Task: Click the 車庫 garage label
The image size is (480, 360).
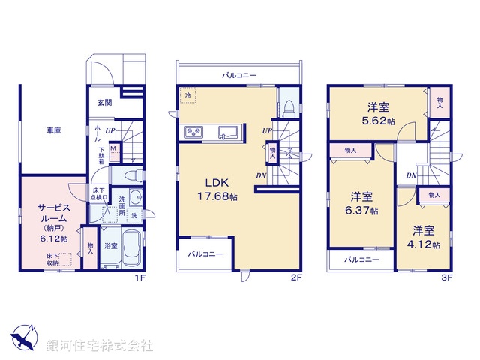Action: click(x=52, y=130)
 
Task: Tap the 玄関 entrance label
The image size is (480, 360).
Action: click(x=104, y=103)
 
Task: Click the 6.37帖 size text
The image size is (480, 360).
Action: click(x=363, y=211)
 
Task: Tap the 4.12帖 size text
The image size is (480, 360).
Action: click(x=424, y=244)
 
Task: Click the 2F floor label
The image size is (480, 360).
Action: click(x=296, y=277)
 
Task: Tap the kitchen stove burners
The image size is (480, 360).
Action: click(x=193, y=133)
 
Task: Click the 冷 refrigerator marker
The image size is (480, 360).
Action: click(x=187, y=95)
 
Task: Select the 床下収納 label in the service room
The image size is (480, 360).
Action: click(x=51, y=259)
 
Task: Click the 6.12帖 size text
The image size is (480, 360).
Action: click(x=54, y=238)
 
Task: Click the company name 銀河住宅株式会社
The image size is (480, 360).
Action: click(x=100, y=345)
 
